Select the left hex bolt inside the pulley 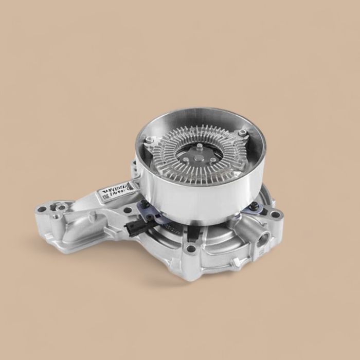(148, 140)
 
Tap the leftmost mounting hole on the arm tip (41, 211)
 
